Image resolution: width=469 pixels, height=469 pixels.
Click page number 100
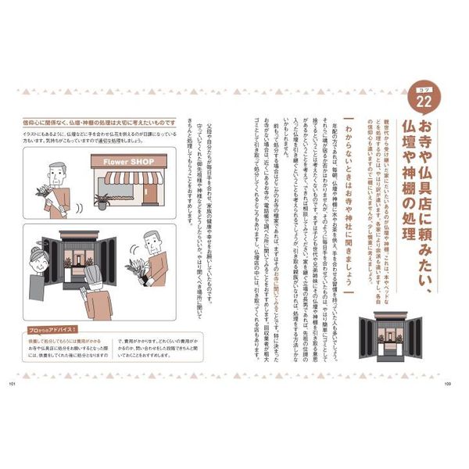(447, 383)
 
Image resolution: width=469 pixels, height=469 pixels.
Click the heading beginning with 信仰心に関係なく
(102, 122)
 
